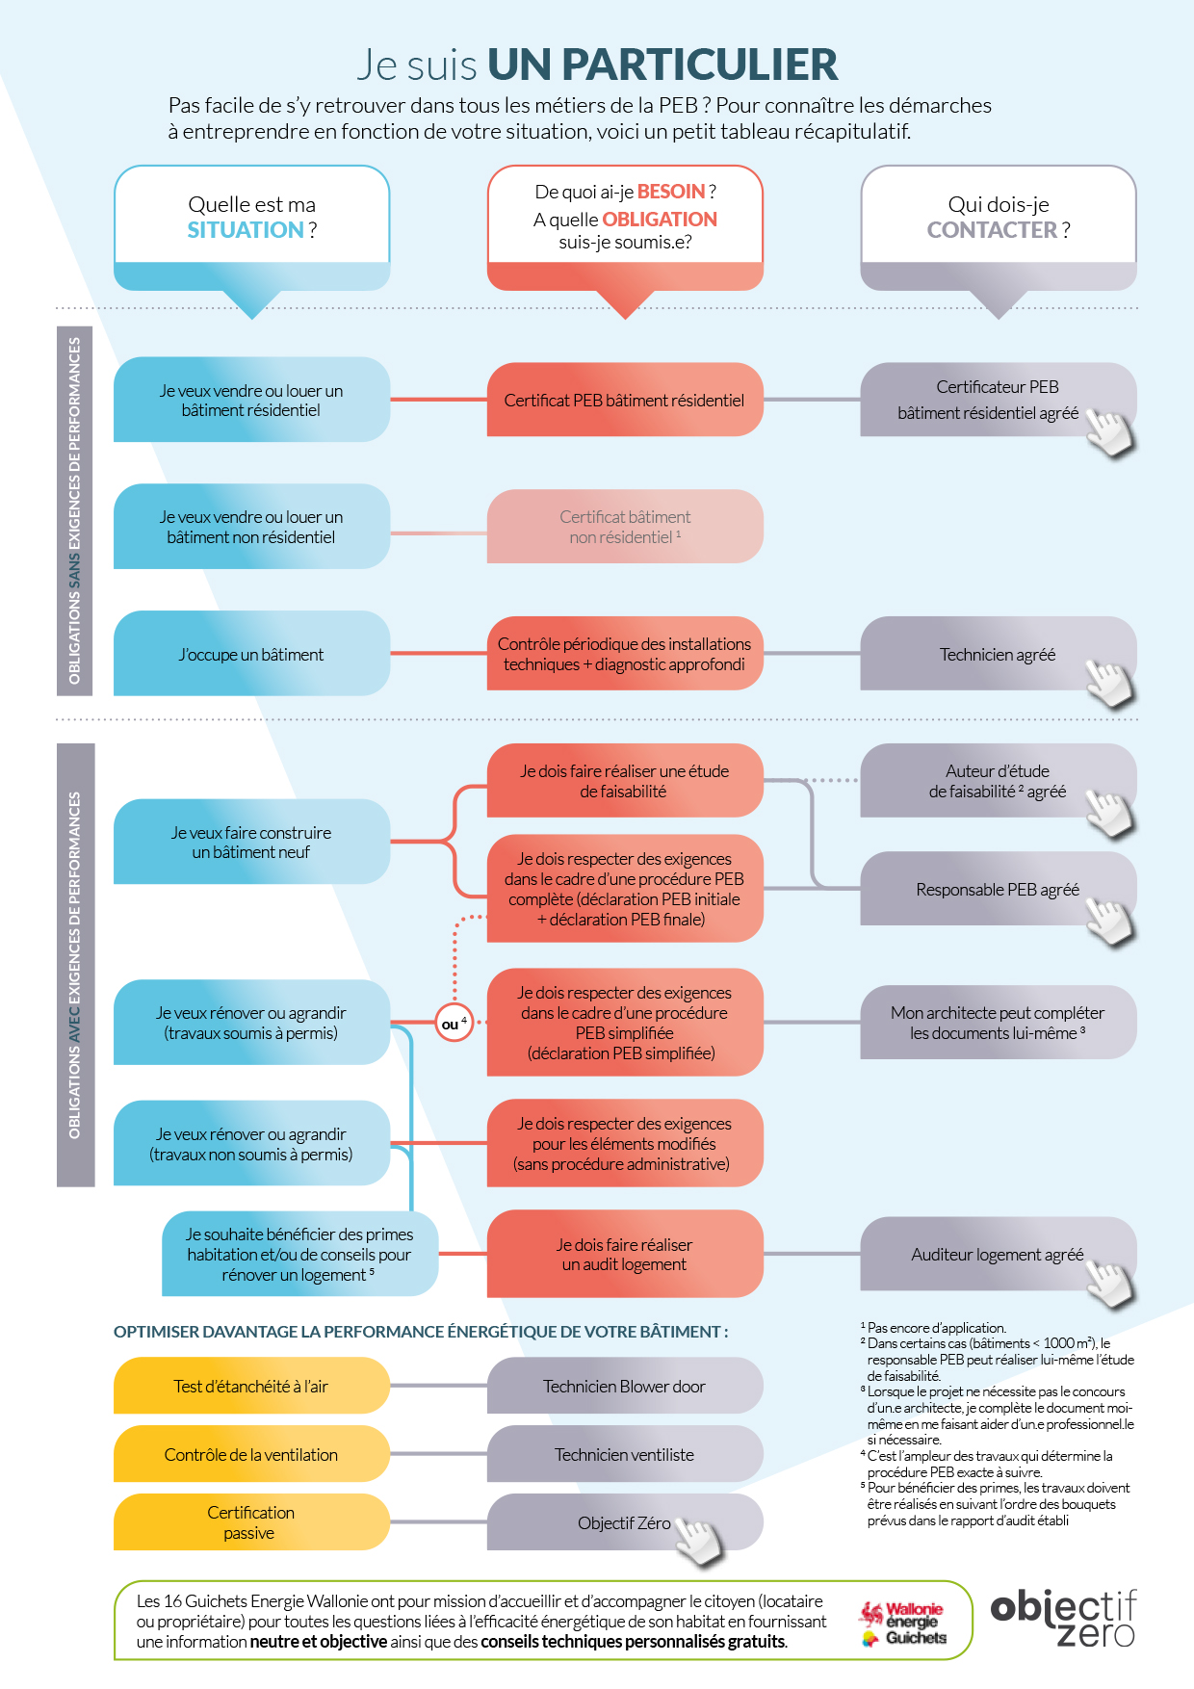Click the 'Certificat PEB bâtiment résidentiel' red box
624,401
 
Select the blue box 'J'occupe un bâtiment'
251,655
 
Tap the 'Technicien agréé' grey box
997,655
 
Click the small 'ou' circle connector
454,1023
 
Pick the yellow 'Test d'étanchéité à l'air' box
251,1387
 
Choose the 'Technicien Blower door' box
624,1387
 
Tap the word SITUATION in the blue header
246,230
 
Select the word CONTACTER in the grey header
992,230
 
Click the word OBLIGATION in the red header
660,220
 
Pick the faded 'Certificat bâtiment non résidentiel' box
624,527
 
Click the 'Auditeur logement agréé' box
997,1255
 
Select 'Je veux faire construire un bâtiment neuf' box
251,843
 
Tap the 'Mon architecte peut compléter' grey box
997,1023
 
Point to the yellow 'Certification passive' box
251,1522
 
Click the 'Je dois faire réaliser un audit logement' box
624,1255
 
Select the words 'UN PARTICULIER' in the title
662,65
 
